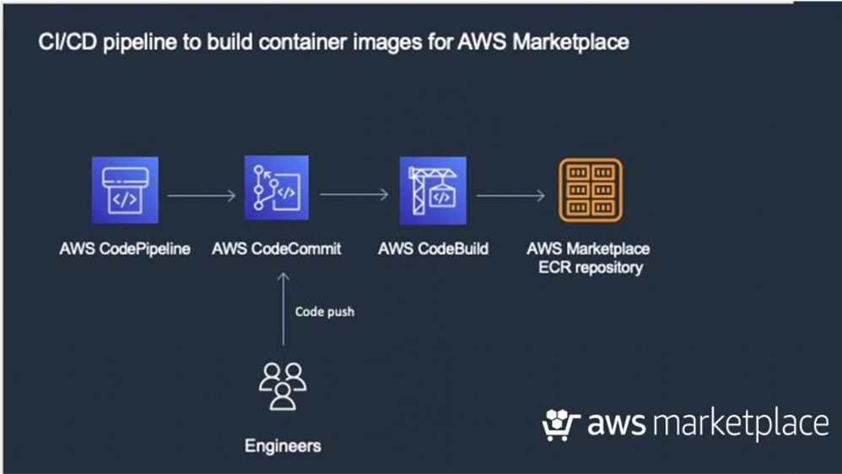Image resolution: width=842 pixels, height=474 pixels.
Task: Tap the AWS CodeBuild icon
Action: (x=433, y=190)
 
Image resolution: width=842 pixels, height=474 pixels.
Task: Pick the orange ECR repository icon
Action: (x=591, y=191)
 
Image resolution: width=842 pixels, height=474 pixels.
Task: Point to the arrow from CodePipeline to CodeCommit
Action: (x=201, y=195)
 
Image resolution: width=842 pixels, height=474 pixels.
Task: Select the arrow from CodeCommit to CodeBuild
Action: (x=354, y=195)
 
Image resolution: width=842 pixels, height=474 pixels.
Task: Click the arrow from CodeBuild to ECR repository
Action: (x=510, y=195)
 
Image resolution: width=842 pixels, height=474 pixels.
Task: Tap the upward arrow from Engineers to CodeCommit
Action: (x=283, y=308)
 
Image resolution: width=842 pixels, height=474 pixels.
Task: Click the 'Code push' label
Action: (x=325, y=312)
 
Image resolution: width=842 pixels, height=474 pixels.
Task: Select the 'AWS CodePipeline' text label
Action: (x=125, y=249)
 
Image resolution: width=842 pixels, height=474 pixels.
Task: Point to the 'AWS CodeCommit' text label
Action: (x=277, y=249)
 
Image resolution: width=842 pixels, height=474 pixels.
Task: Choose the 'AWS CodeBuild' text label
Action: (x=433, y=249)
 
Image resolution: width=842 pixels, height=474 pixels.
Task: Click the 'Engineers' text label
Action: (x=283, y=444)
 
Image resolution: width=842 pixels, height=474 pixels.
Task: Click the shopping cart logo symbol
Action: (x=561, y=425)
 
